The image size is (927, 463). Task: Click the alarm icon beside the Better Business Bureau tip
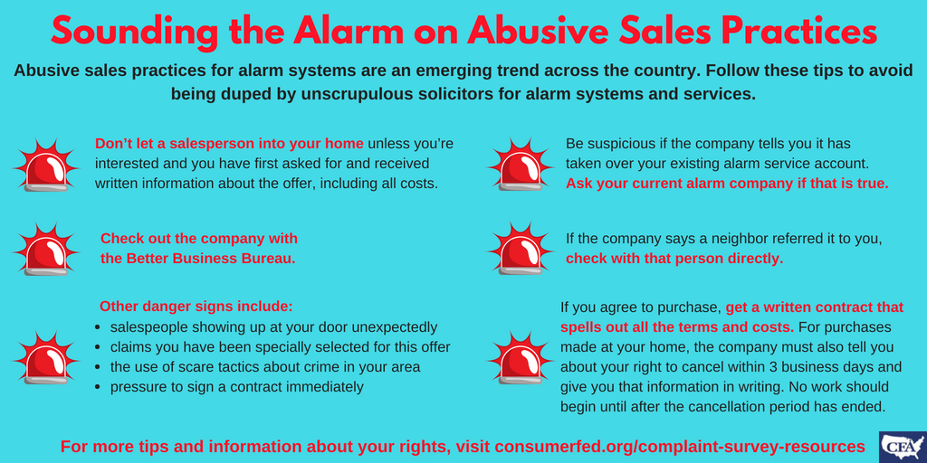tap(46, 250)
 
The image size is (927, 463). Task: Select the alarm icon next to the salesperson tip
tap(46, 165)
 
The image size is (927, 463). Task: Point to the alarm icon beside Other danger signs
tap(46, 357)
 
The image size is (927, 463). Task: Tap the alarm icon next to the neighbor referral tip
tap(520, 249)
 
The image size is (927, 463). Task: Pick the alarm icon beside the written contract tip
tap(520, 357)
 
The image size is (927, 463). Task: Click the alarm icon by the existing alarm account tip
tap(520, 165)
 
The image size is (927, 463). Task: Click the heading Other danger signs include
tap(196, 307)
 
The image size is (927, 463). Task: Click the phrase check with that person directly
tap(674, 259)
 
